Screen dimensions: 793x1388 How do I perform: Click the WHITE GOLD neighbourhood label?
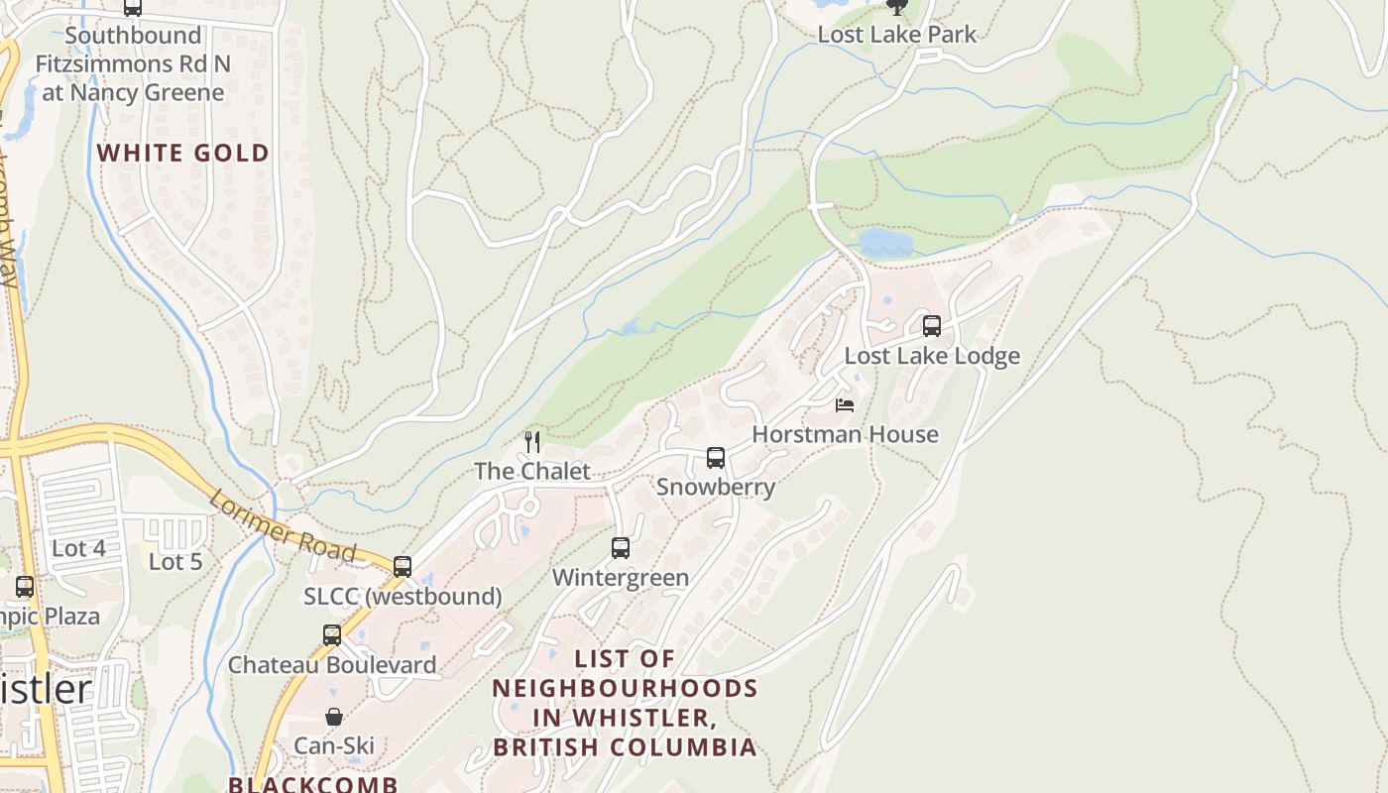183,153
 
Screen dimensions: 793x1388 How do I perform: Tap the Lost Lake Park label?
896,35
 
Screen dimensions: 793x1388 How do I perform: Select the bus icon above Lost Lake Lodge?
931,325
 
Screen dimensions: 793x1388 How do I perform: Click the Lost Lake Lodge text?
931,356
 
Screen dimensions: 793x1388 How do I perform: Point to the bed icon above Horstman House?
845,404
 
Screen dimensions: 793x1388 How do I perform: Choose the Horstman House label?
845,434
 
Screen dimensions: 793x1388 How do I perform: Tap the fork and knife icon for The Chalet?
533,441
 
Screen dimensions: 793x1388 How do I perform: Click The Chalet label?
532,471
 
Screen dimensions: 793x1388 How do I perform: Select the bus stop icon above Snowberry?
715,457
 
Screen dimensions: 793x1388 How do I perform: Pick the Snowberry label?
715,487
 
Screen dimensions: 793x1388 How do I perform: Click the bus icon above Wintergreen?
620,547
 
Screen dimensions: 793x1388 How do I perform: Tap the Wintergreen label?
620,577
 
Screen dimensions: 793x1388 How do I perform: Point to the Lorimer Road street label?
282,526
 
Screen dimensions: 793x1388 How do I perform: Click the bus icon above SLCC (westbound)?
402,566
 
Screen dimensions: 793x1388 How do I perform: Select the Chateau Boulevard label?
332,664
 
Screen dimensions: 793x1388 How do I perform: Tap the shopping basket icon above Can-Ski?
334,716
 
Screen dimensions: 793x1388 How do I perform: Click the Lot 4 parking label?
78,548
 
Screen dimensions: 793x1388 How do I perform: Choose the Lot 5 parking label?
175,562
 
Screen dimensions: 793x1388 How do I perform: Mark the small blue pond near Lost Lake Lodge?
885,243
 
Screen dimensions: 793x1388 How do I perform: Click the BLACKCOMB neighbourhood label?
313,784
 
